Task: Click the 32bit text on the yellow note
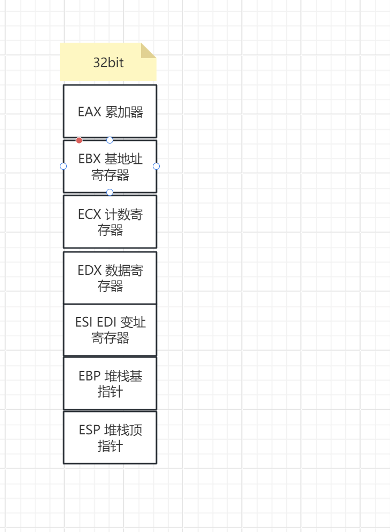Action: (108, 62)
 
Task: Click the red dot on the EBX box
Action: (79, 140)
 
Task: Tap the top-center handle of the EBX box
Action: (110, 140)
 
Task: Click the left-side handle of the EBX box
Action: (64, 166)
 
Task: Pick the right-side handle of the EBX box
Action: (157, 166)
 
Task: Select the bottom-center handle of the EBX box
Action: (110, 192)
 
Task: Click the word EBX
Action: (89, 159)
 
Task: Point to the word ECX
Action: (89, 215)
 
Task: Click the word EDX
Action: (89, 271)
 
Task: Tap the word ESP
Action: (89, 430)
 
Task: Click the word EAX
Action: (89, 112)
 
